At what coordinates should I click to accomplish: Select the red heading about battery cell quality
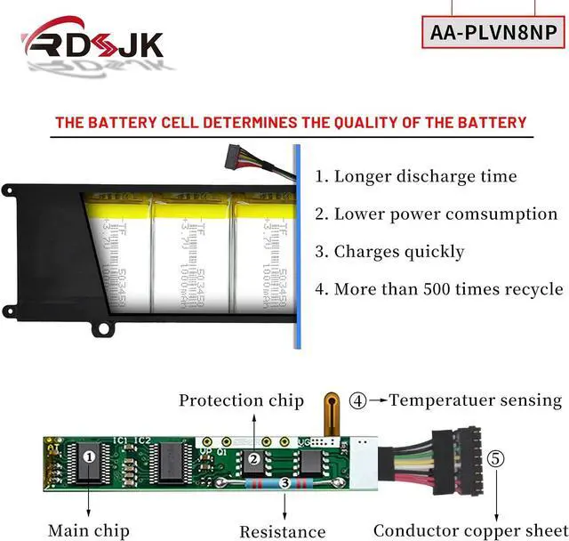point(291,122)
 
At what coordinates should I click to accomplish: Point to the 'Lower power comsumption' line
point(436,214)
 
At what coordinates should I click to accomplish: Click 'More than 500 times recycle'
point(438,289)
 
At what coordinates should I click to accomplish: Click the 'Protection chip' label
point(241,400)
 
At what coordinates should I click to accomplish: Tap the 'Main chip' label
point(88,530)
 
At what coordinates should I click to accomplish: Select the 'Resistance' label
point(282,531)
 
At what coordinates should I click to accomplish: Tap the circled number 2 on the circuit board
point(254,459)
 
